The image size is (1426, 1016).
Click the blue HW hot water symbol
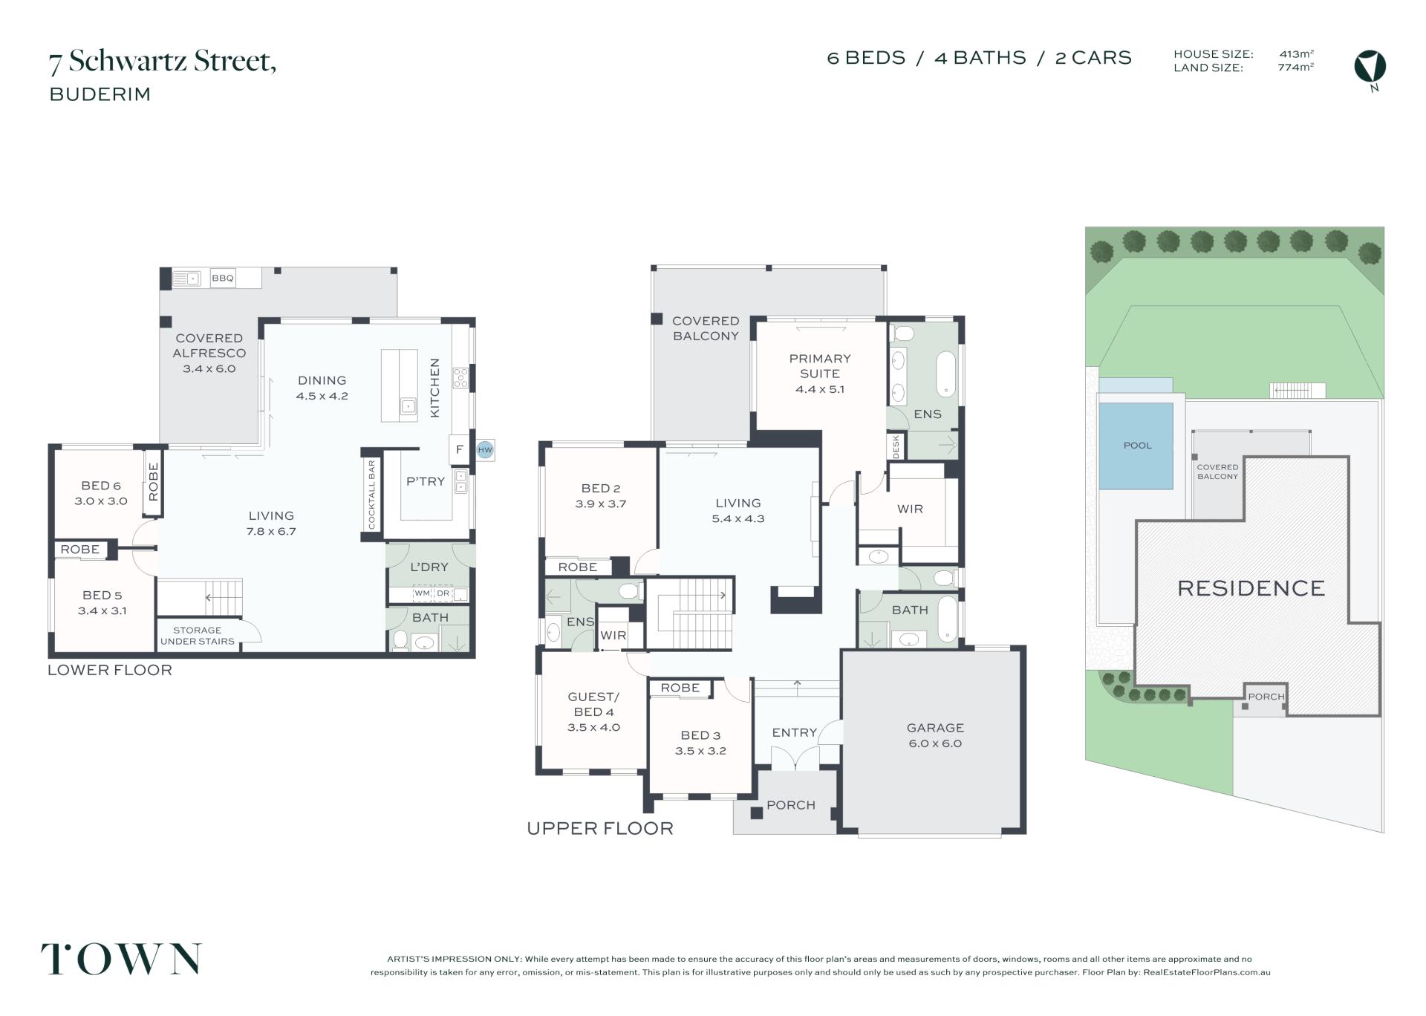(x=485, y=449)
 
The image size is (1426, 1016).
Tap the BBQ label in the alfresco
(x=223, y=279)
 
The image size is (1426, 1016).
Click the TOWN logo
(x=121, y=959)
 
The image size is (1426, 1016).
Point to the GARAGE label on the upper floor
(x=935, y=728)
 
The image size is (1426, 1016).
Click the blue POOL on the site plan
(x=1136, y=446)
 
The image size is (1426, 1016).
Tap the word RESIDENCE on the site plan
(x=1251, y=589)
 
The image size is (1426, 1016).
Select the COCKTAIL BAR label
(x=372, y=495)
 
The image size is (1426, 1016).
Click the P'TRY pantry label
(x=426, y=481)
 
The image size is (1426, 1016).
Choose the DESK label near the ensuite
(x=896, y=446)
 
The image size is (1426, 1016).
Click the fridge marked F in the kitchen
(x=460, y=449)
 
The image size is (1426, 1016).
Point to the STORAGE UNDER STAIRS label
(x=198, y=636)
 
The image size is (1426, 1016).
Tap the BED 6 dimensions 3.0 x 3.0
(x=101, y=501)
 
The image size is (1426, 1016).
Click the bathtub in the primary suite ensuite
(x=945, y=374)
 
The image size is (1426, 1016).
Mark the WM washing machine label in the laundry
(x=422, y=593)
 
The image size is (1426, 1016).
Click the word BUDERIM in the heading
(x=100, y=94)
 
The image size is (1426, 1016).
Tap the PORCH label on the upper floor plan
(x=791, y=805)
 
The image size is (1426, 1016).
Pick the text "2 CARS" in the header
(x=1093, y=58)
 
